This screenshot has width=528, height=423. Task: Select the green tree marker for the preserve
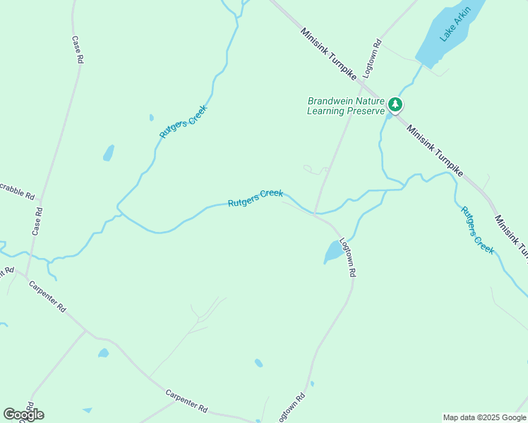pos(395,106)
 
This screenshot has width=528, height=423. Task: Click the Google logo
pos(23,414)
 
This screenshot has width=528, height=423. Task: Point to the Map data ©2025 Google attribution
pos(484,417)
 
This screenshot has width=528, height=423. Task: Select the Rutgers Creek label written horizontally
pos(256,198)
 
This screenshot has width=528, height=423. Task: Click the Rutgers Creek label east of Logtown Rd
pos(477,230)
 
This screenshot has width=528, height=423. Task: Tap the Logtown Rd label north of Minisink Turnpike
pos(371,60)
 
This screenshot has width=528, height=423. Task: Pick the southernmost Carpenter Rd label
pos(187,401)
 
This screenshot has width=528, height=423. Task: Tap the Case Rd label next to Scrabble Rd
pos(38,221)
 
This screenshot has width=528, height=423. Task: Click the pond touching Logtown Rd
pos(333,251)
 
